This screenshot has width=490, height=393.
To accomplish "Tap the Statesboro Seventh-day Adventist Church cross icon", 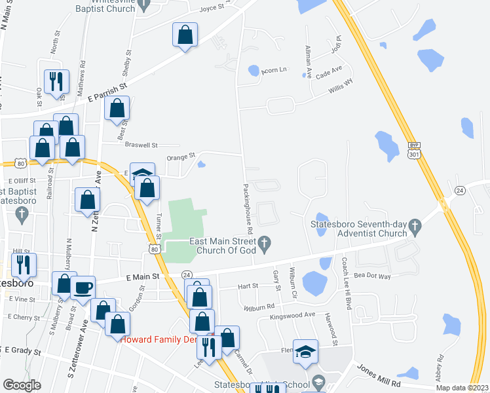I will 414,227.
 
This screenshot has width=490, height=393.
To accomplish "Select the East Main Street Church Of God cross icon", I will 265,245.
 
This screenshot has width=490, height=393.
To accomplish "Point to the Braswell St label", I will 142,145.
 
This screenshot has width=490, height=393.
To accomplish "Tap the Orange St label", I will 181,157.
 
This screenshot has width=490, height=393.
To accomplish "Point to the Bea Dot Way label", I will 371,276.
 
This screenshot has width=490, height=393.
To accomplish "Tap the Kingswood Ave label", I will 292,316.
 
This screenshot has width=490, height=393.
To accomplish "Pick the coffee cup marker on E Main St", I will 83,287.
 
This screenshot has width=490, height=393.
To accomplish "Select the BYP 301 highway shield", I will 413,151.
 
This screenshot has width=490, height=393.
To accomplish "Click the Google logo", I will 22,385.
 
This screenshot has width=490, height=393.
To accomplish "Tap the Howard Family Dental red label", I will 157,339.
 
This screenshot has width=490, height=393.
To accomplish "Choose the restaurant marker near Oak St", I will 56,81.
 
